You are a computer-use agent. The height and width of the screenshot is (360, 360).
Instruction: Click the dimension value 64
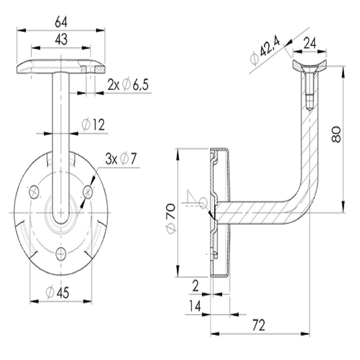click(x=61, y=22)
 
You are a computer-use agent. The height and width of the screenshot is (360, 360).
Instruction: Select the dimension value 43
click(x=61, y=39)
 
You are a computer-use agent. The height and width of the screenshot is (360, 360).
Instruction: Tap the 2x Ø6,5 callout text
click(x=128, y=85)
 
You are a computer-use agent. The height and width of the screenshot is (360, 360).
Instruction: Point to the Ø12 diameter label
click(x=93, y=125)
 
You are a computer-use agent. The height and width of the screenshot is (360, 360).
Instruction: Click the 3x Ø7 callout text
click(x=121, y=158)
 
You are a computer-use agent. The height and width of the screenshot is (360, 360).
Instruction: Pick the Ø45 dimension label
click(x=58, y=293)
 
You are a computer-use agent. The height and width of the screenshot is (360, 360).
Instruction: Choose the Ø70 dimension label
click(x=171, y=218)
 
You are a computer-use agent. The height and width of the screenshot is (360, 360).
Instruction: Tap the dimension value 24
click(x=310, y=43)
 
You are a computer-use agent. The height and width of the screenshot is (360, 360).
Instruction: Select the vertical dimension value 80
click(x=336, y=134)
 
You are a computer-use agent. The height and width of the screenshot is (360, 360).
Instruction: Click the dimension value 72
click(x=259, y=325)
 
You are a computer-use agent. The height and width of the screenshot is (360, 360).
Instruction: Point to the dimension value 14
click(x=195, y=306)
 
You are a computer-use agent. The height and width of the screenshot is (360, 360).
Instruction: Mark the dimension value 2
click(x=195, y=286)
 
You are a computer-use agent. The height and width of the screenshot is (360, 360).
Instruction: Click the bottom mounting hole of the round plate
click(x=61, y=254)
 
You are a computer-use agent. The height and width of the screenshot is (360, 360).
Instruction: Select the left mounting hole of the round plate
click(x=34, y=191)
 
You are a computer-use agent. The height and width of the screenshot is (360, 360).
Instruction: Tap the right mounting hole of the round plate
click(x=88, y=191)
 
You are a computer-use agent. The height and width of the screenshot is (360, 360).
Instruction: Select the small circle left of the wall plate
click(x=203, y=203)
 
